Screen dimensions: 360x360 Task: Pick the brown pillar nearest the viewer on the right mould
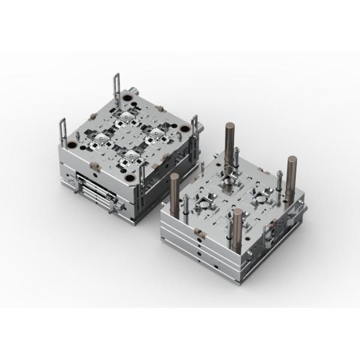coord(237,231)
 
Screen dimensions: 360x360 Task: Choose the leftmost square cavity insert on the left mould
coord(97,140)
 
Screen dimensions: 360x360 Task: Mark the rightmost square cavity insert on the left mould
coord(157,130)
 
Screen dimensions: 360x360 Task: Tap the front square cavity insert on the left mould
coord(128,158)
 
